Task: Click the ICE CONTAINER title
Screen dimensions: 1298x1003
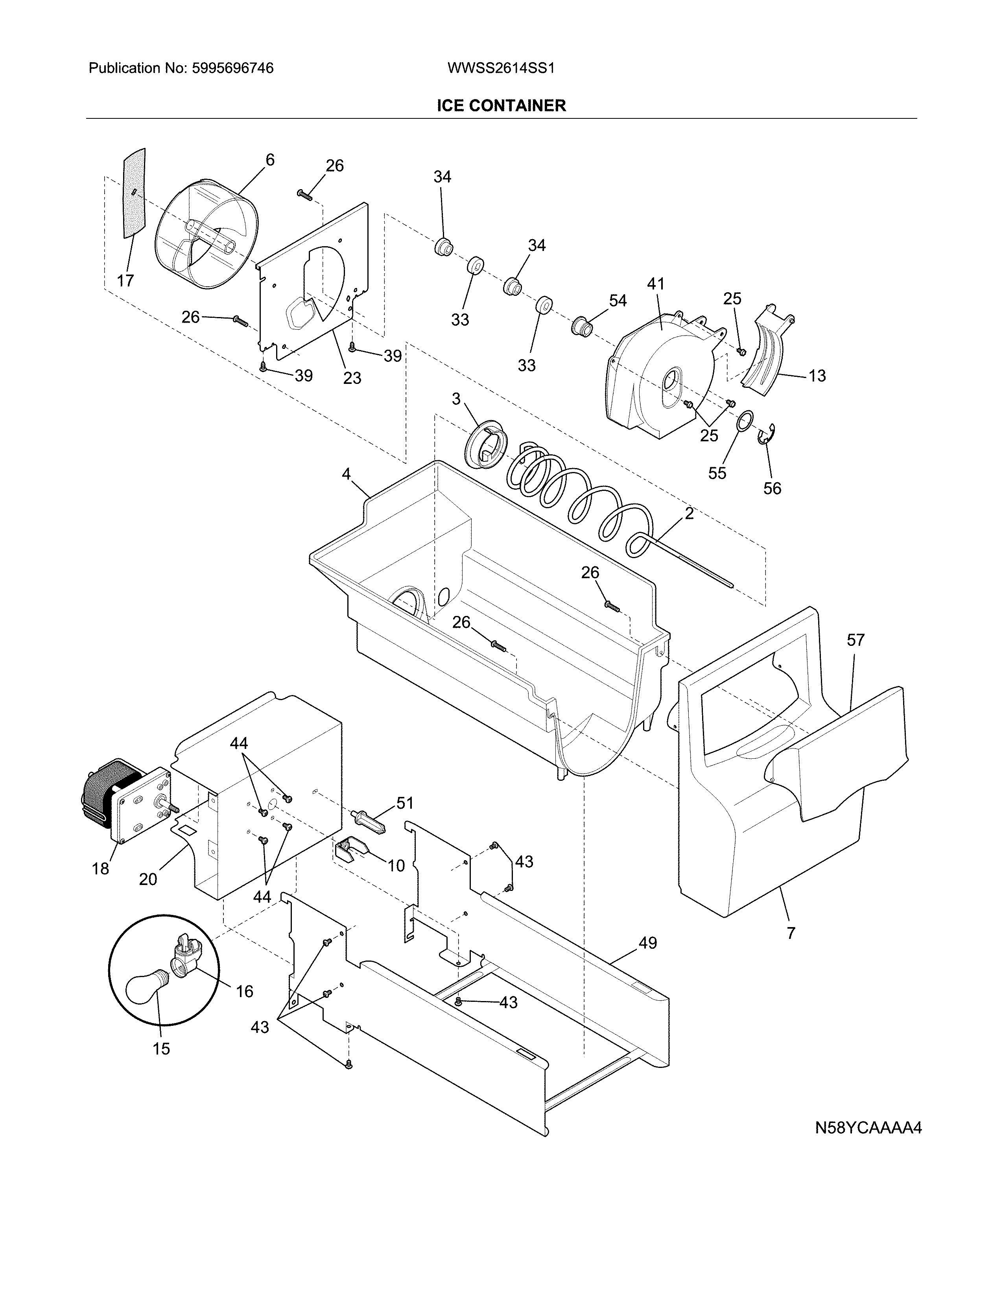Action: tap(501, 106)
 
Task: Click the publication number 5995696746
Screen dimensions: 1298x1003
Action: tap(232, 68)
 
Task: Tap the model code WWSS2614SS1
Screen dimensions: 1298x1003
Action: tap(500, 68)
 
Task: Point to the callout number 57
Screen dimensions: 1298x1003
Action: tap(855, 640)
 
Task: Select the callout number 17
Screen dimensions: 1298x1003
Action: tap(125, 280)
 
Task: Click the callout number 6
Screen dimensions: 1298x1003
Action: tap(270, 159)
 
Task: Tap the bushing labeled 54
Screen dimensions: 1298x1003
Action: tap(581, 326)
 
